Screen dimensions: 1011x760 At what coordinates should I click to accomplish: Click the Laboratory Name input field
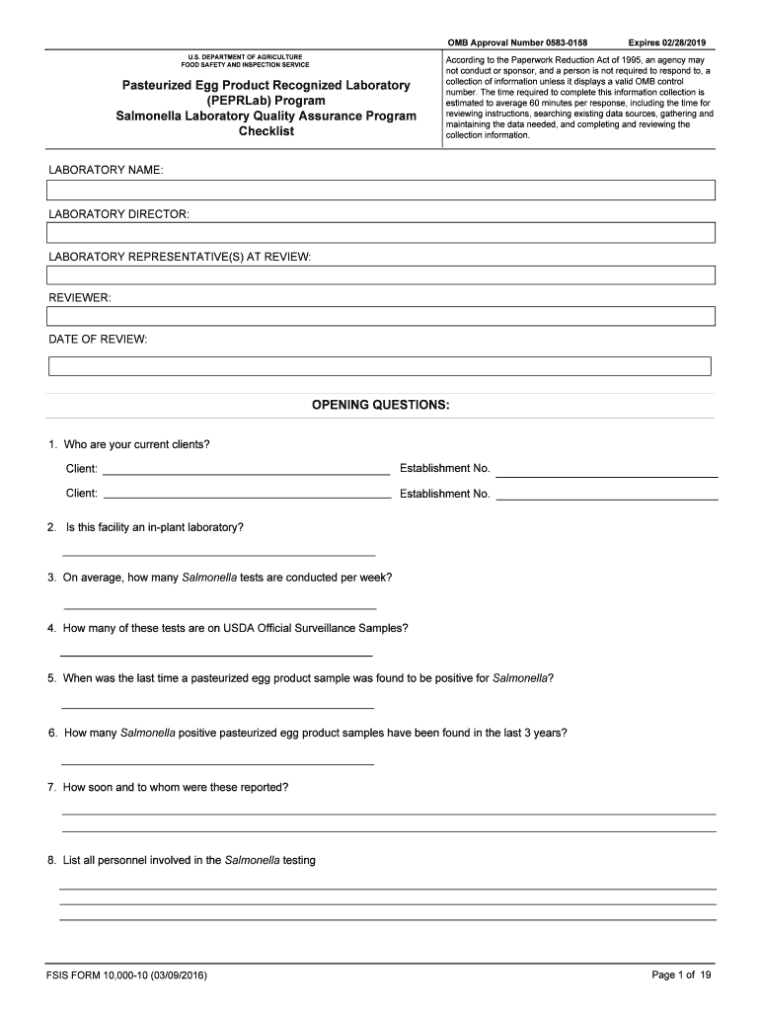tap(380, 191)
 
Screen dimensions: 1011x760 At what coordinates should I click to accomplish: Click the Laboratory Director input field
tap(380, 233)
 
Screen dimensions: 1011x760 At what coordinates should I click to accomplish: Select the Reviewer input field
tap(380, 316)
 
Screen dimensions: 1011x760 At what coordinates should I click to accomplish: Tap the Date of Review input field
tap(380, 366)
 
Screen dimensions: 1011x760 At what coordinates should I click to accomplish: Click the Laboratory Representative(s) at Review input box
tap(380, 274)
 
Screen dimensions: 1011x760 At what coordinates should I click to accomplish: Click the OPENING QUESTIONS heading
tap(380, 405)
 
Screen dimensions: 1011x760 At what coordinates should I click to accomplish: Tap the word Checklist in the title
tap(266, 131)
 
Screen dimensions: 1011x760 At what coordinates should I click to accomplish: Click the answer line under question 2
tap(218, 554)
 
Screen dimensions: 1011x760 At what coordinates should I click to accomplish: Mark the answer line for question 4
tap(216, 655)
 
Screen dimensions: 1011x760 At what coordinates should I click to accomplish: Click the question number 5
tap(51, 678)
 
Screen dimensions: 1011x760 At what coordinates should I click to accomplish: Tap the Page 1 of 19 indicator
tap(681, 975)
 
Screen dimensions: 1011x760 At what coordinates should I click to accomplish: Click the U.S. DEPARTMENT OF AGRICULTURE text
tap(245, 57)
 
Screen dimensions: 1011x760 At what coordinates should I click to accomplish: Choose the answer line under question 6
tap(217, 763)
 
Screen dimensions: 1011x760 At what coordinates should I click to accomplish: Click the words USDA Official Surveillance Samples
tap(322, 628)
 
